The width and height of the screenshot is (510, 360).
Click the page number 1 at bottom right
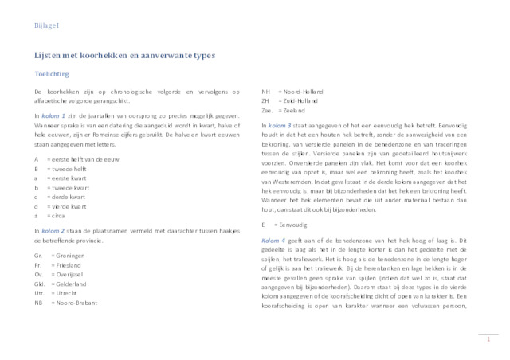[x=486, y=340]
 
